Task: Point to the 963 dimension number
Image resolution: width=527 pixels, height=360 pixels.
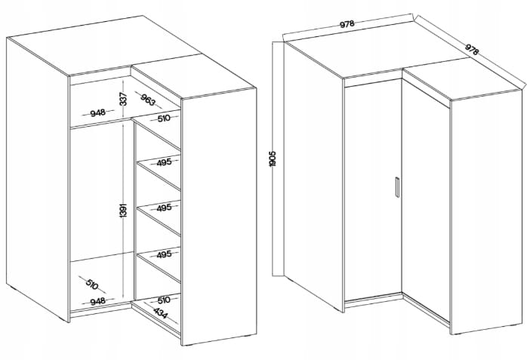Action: [x=148, y=100]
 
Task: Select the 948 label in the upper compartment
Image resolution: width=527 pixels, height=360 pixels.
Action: [x=98, y=112]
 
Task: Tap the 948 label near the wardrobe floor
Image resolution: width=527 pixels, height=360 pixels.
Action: [x=98, y=300]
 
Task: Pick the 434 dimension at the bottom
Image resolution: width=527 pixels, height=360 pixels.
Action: [x=160, y=313]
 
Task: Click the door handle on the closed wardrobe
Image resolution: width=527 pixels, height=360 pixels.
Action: [x=397, y=187]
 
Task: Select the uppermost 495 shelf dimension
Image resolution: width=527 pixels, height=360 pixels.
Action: [x=164, y=162]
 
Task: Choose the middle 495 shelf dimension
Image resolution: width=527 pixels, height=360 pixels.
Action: [x=164, y=208]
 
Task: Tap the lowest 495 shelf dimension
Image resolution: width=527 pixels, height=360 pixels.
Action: [x=164, y=254]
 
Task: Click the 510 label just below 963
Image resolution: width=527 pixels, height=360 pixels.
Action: [x=164, y=118]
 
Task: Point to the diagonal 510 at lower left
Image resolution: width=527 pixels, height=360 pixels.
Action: [x=91, y=285]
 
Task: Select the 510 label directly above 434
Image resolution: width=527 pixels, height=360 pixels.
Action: [x=164, y=299]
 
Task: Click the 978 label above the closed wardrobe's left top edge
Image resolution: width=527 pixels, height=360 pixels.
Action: [x=347, y=24]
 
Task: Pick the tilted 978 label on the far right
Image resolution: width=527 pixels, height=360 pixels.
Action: [x=471, y=50]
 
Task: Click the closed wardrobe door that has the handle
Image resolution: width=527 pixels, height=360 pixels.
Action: [x=373, y=189]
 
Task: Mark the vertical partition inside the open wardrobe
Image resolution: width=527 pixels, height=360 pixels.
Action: [x=134, y=210]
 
